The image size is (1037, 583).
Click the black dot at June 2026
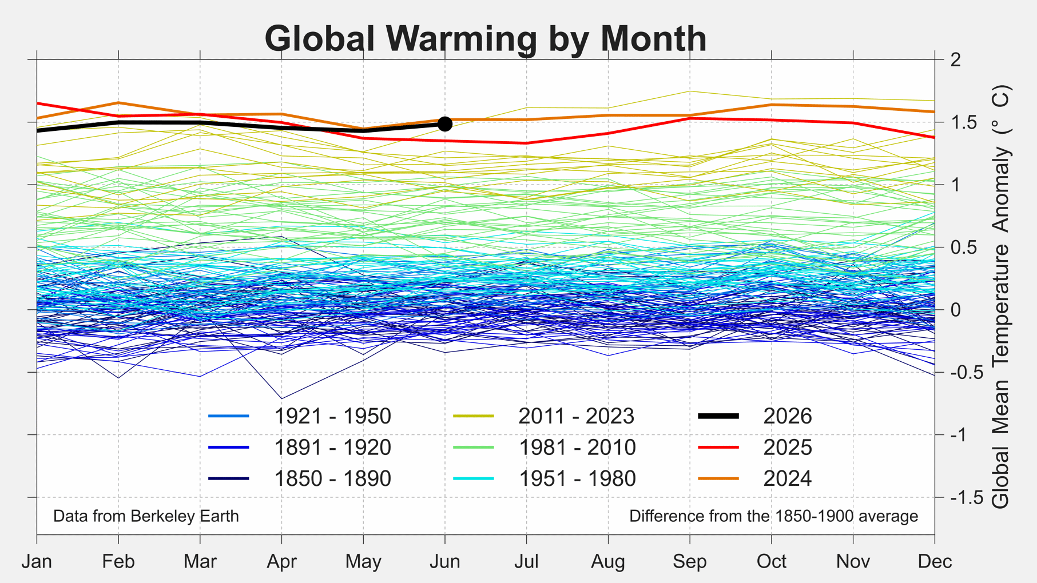(x=445, y=124)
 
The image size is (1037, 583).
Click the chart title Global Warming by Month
(x=486, y=38)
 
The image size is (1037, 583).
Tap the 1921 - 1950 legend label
(x=333, y=416)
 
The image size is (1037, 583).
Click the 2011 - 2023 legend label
(x=577, y=416)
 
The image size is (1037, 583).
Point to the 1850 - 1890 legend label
(x=333, y=479)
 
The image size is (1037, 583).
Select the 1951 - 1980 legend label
(x=577, y=479)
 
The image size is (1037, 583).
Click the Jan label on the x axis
(x=37, y=561)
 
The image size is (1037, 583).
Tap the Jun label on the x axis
(x=445, y=561)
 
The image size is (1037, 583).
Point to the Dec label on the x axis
(x=935, y=561)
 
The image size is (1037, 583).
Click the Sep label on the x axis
(x=690, y=561)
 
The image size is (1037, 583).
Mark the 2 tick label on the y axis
(x=955, y=59)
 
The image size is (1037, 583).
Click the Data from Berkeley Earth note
(x=146, y=516)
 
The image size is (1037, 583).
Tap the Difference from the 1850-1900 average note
(x=773, y=516)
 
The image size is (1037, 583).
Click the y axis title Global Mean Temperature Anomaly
(x=1001, y=297)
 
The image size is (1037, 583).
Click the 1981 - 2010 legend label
(x=577, y=448)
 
